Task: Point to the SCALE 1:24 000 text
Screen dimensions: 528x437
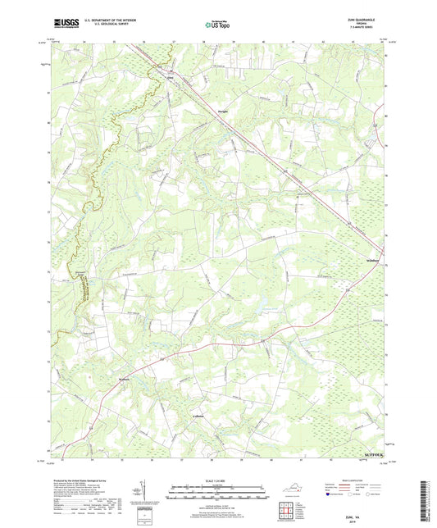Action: click(217, 480)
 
